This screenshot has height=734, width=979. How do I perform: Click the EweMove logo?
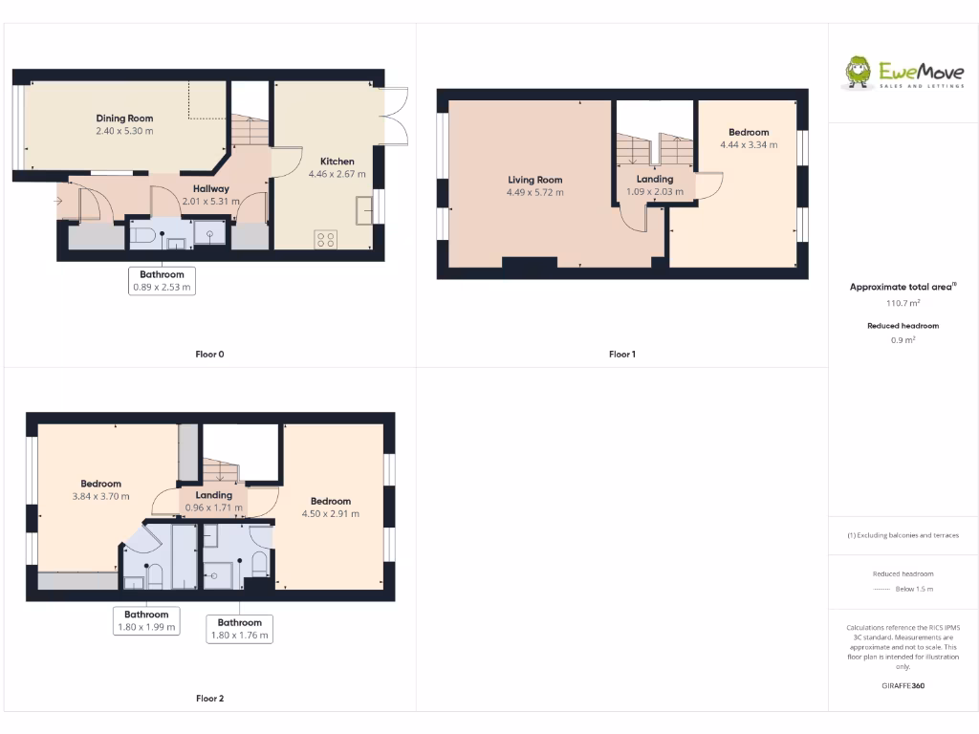[903, 73]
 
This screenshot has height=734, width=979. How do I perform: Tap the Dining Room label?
[124, 119]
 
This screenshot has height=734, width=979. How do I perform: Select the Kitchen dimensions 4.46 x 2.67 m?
[337, 175]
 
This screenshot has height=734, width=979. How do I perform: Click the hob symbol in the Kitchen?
[325, 240]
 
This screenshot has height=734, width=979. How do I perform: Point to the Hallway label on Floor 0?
[210, 188]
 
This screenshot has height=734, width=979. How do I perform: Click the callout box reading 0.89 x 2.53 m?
[161, 286]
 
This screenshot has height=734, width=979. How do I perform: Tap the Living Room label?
[534, 180]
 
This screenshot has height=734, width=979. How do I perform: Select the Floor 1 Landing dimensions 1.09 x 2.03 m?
[655, 191]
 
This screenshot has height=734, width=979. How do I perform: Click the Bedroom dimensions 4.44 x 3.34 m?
[748, 145]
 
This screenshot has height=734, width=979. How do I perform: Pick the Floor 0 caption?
[209, 355]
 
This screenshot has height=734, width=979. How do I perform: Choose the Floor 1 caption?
[621, 355]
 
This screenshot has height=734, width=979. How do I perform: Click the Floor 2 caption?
[209, 699]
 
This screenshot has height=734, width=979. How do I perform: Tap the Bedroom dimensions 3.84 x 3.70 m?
[100, 496]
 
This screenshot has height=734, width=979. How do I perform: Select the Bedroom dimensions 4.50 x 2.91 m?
[330, 513]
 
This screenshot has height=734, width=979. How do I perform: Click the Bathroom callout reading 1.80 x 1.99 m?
[146, 627]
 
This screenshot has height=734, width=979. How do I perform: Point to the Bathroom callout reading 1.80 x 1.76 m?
[239, 635]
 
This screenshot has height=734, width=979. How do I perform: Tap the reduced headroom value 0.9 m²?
[903, 339]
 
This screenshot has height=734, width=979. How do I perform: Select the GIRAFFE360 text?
[903, 685]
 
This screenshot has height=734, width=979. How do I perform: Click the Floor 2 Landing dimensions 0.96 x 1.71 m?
[213, 507]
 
